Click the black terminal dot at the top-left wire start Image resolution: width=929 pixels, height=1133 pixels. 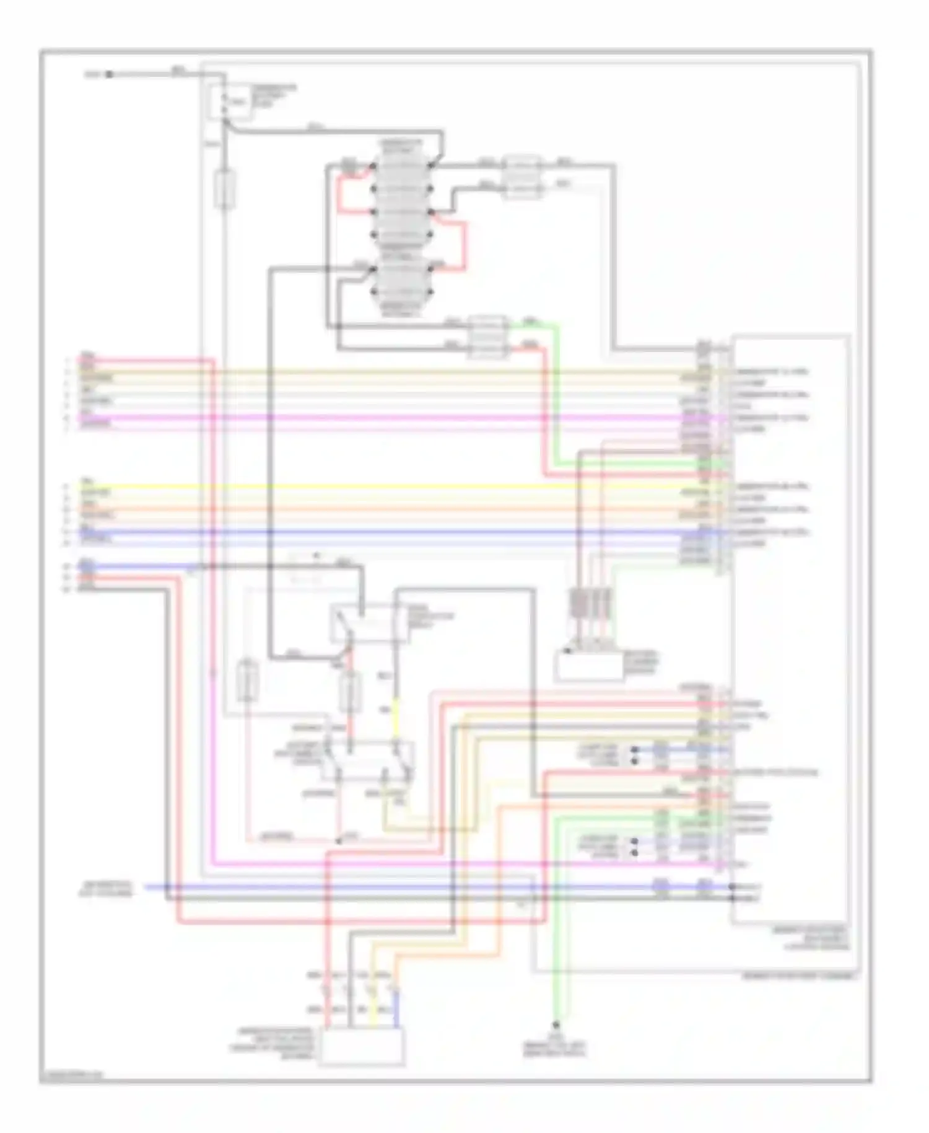point(109,74)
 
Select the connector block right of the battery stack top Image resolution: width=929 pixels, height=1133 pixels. point(522,177)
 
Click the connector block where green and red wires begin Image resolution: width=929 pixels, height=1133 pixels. point(488,337)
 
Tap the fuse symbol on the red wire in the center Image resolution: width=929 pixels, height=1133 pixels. point(349,693)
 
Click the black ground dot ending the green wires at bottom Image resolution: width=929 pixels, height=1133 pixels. point(556,1025)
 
